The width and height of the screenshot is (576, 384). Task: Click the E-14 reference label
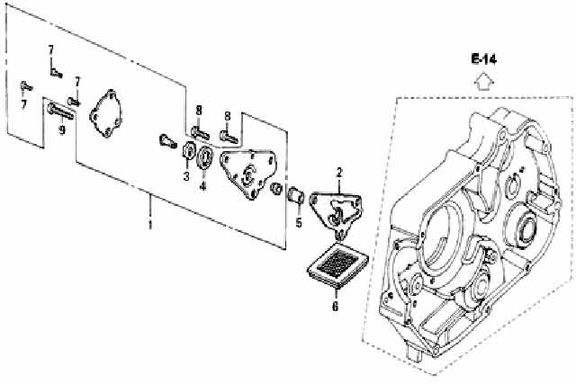pyautogui.click(x=484, y=59)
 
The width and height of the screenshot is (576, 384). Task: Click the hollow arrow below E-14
pyautogui.click(x=484, y=82)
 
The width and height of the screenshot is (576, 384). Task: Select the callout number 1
pyautogui.click(x=150, y=224)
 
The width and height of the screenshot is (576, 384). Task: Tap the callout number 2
pyautogui.click(x=339, y=172)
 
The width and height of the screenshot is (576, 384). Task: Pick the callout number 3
pyautogui.click(x=186, y=176)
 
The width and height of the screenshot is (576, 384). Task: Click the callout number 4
pyautogui.click(x=202, y=186)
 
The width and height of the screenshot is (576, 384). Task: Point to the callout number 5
pyautogui.click(x=299, y=222)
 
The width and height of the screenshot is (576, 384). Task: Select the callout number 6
pyautogui.click(x=335, y=306)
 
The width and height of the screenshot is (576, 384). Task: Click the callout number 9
pyautogui.click(x=62, y=129)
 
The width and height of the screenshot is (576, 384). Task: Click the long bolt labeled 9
pyautogui.click(x=60, y=112)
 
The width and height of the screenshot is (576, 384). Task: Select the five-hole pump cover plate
pyautogui.click(x=106, y=113)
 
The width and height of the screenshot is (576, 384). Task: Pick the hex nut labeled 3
pyautogui.click(x=188, y=150)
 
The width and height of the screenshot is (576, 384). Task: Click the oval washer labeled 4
pyautogui.click(x=204, y=157)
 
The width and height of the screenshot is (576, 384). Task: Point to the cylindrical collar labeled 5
pyautogui.click(x=295, y=195)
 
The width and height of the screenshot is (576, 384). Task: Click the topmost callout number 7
pyautogui.click(x=50, y=49)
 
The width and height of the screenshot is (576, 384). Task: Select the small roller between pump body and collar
pyautogui.click(x=276, y=188)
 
